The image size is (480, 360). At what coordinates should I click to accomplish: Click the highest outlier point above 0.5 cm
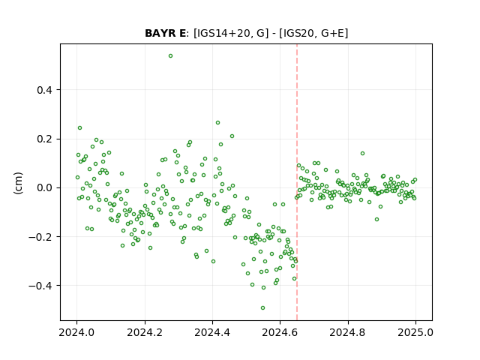click(x=170, y=56)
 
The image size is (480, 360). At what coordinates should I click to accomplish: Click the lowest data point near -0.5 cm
click(x=262, y=308)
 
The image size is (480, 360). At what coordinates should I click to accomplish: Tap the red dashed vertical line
click(x=297, y=182)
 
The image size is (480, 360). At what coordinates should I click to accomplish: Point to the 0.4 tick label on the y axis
click(x=45, y=90)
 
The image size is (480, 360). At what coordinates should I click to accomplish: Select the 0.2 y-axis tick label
click(x=45, y=139)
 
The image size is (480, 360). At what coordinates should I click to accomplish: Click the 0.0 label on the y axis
click(x=45, y=188)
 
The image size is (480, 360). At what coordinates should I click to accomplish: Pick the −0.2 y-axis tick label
click(x=41, y=237)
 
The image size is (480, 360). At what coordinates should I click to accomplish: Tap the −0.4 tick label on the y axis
click(x=41, y=286)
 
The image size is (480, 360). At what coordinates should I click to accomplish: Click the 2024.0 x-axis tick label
click(x=76, y=332)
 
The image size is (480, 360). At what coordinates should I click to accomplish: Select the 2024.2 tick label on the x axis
click(x=145, y=332)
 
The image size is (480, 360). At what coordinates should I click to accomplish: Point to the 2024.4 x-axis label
click(x=212, y=332)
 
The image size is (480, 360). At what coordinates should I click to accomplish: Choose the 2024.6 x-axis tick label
click(x=280, y=332)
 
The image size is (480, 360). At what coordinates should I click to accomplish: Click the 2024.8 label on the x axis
click(x=348, y=332)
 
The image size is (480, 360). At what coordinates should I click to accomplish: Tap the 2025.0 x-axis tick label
click(x=415, y=332)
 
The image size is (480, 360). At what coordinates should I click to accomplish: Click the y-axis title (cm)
click(x=18, y=183)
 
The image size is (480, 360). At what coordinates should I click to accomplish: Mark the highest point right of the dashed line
click(x=362, y=153)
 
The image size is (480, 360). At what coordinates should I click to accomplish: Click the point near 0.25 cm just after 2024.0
click(x=80, y=128)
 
